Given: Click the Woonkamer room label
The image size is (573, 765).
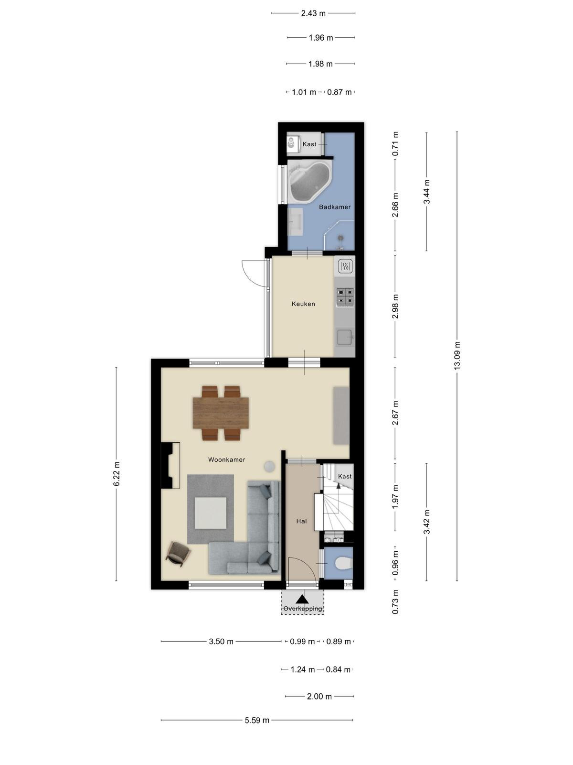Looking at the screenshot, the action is (x=226, y=459).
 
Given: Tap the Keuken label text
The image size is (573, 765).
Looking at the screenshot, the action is (x=303, y=304).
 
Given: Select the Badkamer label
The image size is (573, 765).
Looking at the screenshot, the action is (x=335, y=207).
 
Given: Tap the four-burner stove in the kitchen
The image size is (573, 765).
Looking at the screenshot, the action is (x=345, y=296).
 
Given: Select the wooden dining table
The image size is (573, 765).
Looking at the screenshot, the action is (x=221, y=413).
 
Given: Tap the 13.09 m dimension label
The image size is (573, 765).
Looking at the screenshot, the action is (x=457, y=356).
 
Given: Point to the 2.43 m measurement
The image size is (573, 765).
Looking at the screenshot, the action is (x=313, y=13).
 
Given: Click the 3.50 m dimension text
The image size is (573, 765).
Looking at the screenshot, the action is (x=221, y=641).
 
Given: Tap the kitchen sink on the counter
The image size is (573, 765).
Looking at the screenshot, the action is (x=345, y=338).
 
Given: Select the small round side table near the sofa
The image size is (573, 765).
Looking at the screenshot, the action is (x=270, y=466).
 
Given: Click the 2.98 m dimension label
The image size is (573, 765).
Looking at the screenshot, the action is (x=395, y=306).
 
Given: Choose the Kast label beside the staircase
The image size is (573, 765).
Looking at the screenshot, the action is (x=345, y=476).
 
